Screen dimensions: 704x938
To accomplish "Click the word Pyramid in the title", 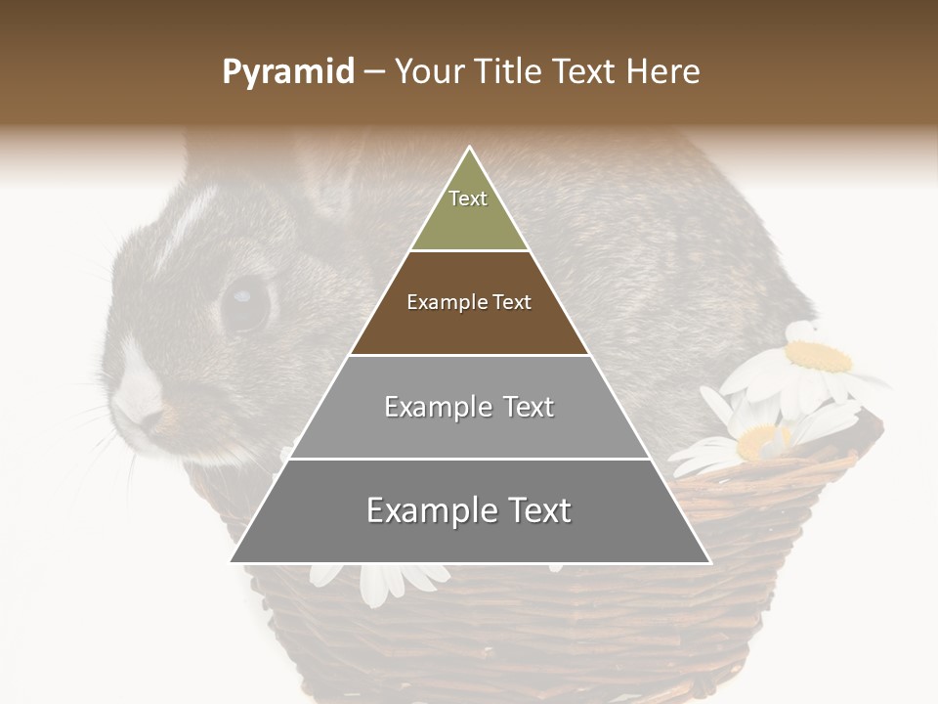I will tap(288, 72).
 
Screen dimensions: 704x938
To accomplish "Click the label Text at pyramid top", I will tap(468, 198).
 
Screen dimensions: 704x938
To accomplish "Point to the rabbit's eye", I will tap(244, 302).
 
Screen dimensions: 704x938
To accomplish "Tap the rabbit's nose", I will tap(147, 416).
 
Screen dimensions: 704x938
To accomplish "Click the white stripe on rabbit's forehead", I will tap(191, 220).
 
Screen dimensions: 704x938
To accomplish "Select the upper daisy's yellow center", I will tap(819, 357).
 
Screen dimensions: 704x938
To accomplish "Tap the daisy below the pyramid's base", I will tap(381, 584).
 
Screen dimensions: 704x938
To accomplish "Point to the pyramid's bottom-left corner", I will tap(232, 561).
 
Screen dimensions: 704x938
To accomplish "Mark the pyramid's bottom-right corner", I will tap(709, 562).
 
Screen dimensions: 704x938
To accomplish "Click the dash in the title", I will tap(374, 72).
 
